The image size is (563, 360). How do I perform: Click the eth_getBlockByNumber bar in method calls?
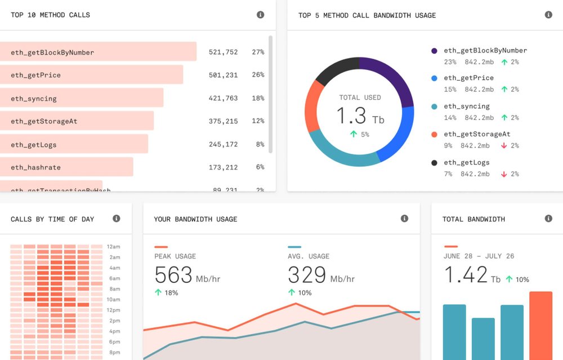point(98,52)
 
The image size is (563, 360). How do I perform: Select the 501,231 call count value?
point(223,75)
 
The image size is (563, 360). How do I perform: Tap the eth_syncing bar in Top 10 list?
point(82,98)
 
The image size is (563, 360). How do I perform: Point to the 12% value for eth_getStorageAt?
point(258,121)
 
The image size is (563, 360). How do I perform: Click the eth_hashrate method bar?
point(66,167)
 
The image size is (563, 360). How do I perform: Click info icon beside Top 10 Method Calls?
point(260,15)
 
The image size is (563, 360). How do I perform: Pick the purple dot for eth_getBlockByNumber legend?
point(434,51)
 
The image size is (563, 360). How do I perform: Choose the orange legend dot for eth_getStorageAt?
point(434,135)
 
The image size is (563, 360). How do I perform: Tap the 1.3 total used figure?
point(351,117)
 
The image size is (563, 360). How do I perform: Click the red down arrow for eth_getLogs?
point(504,174)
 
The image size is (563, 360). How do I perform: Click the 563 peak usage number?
point(173,275)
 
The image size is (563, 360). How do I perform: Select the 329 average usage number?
point(307,275)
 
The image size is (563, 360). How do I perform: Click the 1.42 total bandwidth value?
point(466,275)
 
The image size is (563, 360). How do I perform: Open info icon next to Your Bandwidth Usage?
point(404,219)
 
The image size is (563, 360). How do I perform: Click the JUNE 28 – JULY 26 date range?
point(479,256)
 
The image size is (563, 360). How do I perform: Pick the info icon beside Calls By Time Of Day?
point(117,219)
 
